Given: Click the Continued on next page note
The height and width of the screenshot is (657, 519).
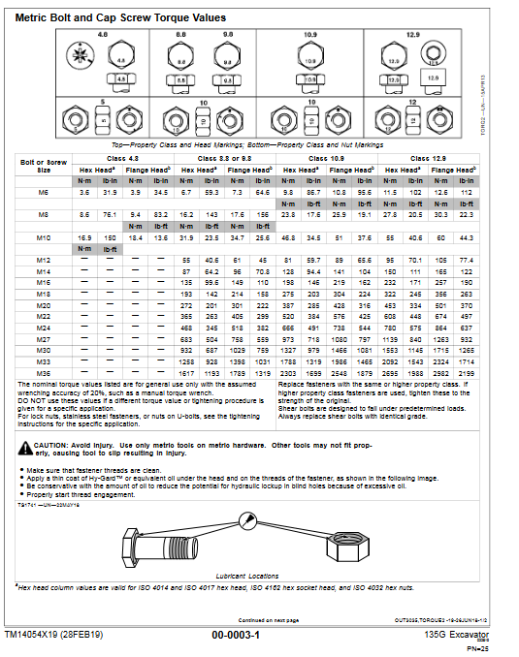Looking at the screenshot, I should [268, 620].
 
